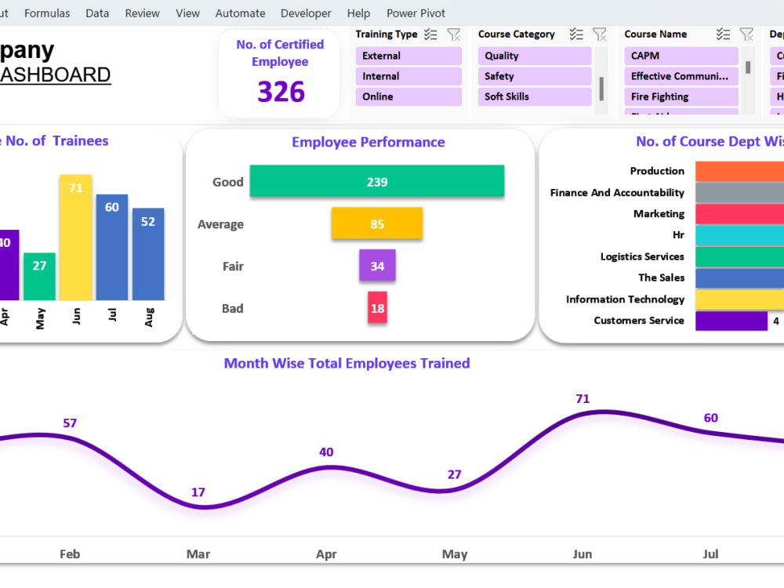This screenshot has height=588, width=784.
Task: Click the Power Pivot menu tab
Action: tap(416, 13)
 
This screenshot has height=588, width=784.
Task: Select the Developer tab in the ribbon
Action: tap(306, 13)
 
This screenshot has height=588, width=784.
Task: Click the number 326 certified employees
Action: tap(281, 93)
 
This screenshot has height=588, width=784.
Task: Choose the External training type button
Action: tap(408, 56)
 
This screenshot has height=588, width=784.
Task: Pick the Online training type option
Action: tap(408, 96)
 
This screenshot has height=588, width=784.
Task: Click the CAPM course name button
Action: tap(681, 56)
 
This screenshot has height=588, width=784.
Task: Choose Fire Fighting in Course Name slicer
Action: tap(681, 96)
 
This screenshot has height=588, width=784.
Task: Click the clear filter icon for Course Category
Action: tap(600, 34)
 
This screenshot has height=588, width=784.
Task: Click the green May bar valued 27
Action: tap(40, 276)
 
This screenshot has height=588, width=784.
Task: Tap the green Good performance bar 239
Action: tap(377, 181)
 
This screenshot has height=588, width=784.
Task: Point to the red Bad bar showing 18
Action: tap(377, 308)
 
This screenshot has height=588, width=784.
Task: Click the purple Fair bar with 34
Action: tap(377, 266)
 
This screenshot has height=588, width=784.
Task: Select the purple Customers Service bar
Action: tap(731, 321)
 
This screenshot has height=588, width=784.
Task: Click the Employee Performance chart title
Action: tap(368, 142)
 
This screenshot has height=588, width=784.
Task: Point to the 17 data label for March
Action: tap(198, 492)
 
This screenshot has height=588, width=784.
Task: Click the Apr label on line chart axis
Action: tap(326, 554)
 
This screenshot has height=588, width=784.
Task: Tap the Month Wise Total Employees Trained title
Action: tap(347, 363)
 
